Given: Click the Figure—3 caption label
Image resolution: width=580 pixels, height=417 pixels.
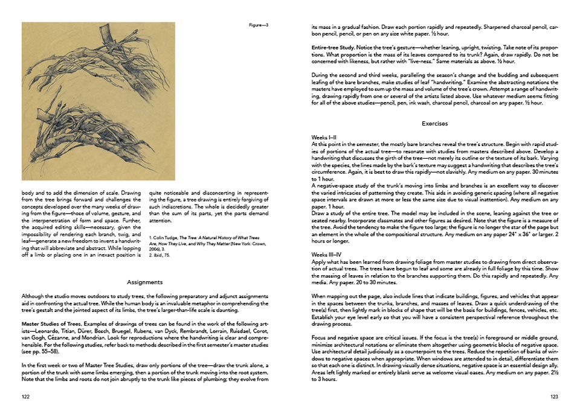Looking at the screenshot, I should (x=259, y=25).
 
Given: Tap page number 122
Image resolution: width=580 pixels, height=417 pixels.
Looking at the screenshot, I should (x=25, y=396).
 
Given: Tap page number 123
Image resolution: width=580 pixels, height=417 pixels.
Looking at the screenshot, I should (x=553, y=396).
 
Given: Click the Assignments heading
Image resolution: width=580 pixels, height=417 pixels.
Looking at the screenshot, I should (x=145, y=282).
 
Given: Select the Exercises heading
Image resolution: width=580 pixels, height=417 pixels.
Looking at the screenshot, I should (x=434, y=124).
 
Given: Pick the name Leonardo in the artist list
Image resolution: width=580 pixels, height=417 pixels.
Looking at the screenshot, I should (x=53, y=331).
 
